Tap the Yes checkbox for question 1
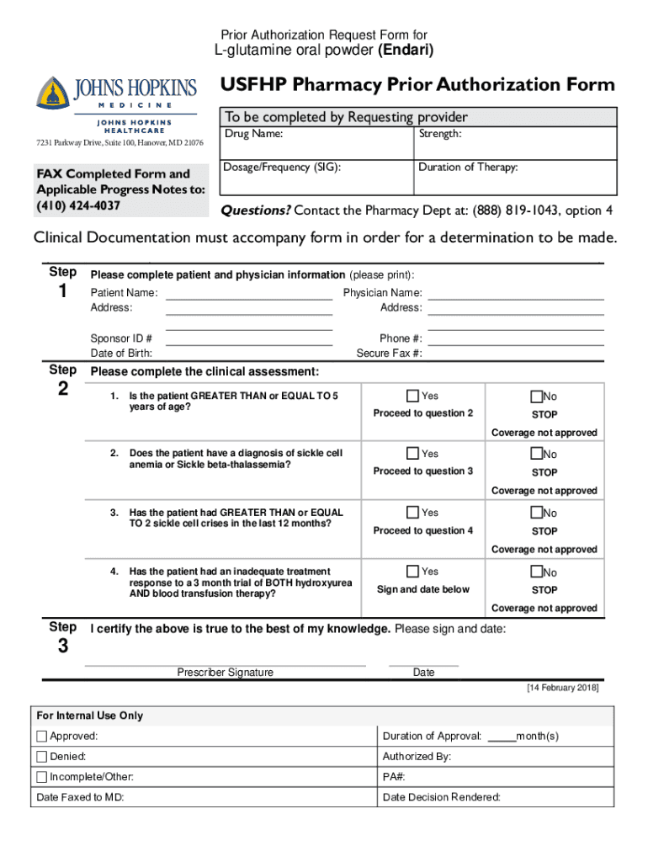pyautogui.click(x=412, y=396)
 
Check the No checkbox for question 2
pyautogui.click(x=536, y=455)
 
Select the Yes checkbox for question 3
pyautogui.click(x=412, y=513)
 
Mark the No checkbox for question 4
pyautogui.click(x=536, y=572)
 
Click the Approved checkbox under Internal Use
pyautogui.click(x=42, y=737)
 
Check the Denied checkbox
pyautogui.click(x=42, y=757)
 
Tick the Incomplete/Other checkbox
pyautogui.click(x=42, y=777)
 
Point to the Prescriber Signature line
pyautogui.click(x=225, y=664)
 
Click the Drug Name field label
pyautogui.click(x=253, y=134)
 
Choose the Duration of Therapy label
pyautogui.click(x=468, y=167)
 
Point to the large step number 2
pyautogui.click(x=64, y=389)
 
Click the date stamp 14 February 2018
pyautogui.click(x=562, y=688)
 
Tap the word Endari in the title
pyautogui.click(x=406, y=51)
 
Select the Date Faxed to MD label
pyautogui.click(x=81, y=797)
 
